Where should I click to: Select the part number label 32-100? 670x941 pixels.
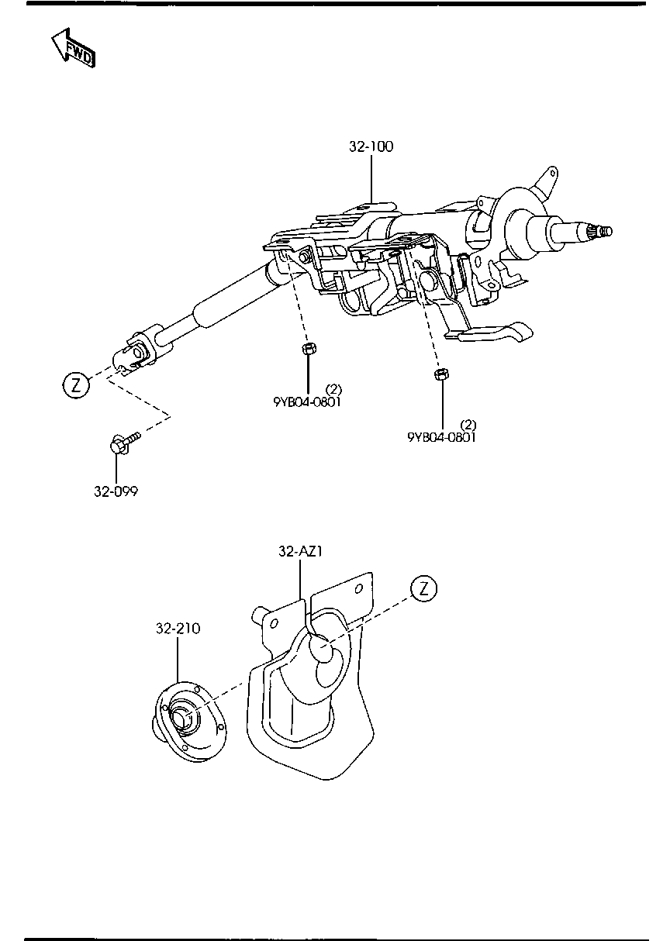(371, 146)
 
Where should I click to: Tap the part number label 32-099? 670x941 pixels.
(116, 491)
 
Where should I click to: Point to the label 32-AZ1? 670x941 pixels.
(300, 551)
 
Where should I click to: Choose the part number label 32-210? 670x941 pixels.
(178, 629)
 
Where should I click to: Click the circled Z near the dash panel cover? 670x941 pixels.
(423, 588)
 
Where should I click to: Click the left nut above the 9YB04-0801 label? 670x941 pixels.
(308, 349)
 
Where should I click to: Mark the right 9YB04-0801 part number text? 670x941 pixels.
(441, 436)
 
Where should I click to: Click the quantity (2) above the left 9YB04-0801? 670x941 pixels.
(333, 388)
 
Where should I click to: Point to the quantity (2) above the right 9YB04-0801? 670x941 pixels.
(468, 424)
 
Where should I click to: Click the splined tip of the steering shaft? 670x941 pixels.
(602, 231)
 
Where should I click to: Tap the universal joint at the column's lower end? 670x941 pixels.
(140, 352)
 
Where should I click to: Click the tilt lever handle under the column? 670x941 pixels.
(496, 333)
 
